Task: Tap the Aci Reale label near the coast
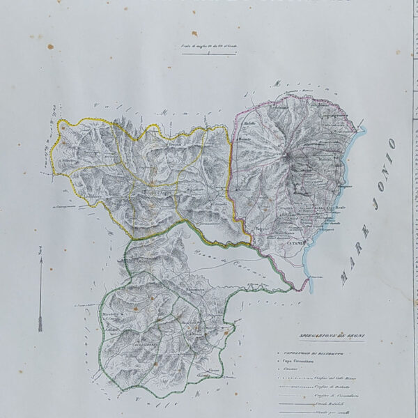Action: coord(316,208)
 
